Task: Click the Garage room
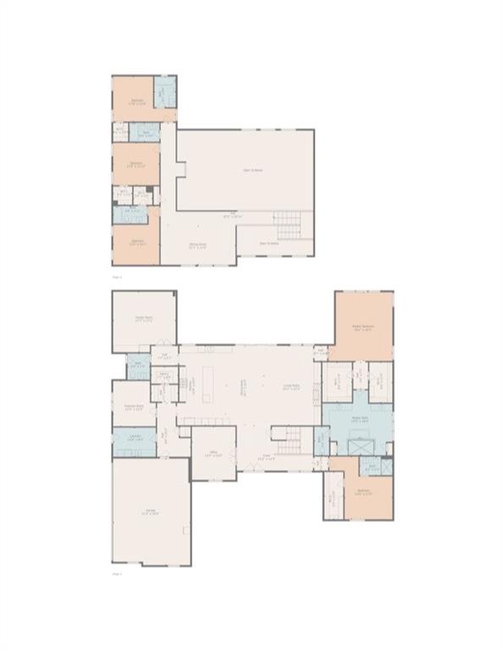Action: click(151, 512)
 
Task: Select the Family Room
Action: click(143, 320)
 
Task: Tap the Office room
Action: click(214, 454)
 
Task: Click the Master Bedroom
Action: click(362, 326)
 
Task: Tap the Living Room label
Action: click(293, 388)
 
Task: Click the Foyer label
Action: click(265, 457)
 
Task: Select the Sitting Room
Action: click(199, 245)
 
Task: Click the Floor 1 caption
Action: click(118, 573)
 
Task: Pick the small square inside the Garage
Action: click(185, 530)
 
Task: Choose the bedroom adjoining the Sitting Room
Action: click(137, 245)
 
